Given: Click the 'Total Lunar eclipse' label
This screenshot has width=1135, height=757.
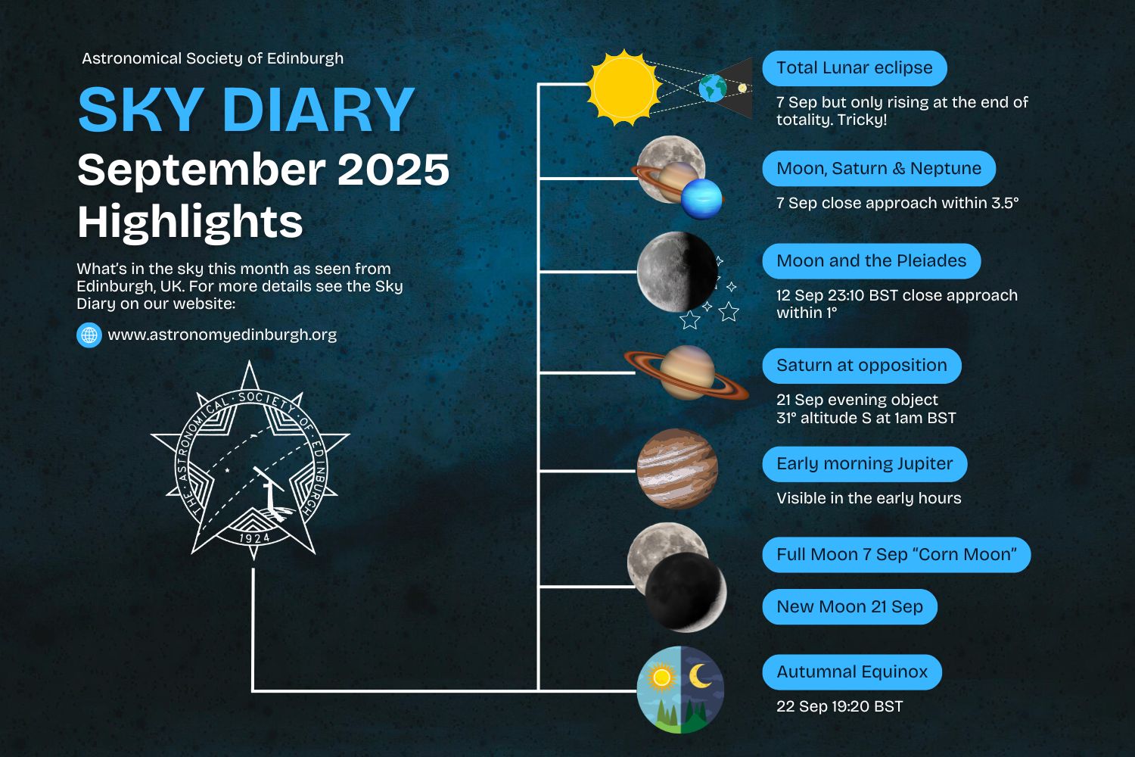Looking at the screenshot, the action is [x=854, y=68].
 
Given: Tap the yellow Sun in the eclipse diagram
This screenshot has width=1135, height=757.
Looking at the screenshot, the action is [x=623, y=88].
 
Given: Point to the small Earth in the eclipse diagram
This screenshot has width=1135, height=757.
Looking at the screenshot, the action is [x=713, y=88].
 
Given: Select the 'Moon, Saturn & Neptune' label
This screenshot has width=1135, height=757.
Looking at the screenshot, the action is [x=878, y=168].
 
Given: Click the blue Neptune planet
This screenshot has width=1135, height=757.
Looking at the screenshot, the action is [x=701, y=199].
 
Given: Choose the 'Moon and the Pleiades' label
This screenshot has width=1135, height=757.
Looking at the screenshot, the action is [x=872, y=261].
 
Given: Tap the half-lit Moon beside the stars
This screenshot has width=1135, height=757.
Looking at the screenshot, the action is [x=677, y=272].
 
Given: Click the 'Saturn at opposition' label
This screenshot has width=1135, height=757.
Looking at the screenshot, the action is [x=861, y=366].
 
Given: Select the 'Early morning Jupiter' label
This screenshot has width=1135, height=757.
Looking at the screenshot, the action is [x=864, y=464].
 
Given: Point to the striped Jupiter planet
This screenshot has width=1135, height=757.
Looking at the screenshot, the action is [x=677, y=469].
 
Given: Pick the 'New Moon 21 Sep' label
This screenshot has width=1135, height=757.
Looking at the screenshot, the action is [x=850, y=607].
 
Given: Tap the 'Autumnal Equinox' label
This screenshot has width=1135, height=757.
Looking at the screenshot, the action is [x=852, y=672].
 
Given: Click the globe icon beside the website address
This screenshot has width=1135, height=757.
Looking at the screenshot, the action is [x=89, y=335].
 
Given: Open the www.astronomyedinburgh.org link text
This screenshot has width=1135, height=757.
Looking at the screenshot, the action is [x=222, y=335].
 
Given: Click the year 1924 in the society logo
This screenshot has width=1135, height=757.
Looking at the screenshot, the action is [x=253, y=538].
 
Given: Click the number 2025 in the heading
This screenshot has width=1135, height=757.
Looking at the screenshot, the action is [x=393, y=170].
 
